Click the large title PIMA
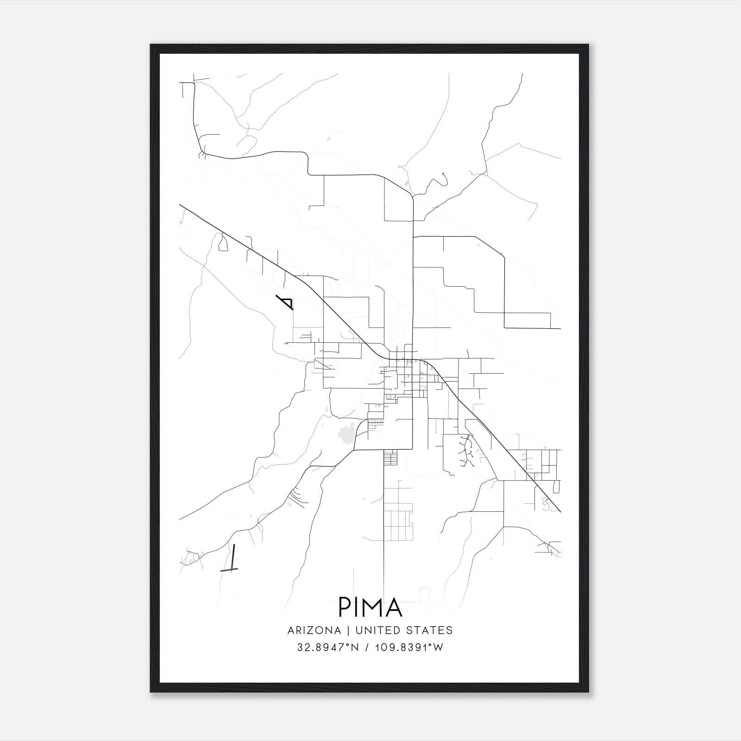(370, 607)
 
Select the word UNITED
(378, 630)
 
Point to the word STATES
(429, 630)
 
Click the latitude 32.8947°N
(328, 647)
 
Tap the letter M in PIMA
(372, 607)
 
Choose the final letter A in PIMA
(394, 607)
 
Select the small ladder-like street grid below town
(391, 457)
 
